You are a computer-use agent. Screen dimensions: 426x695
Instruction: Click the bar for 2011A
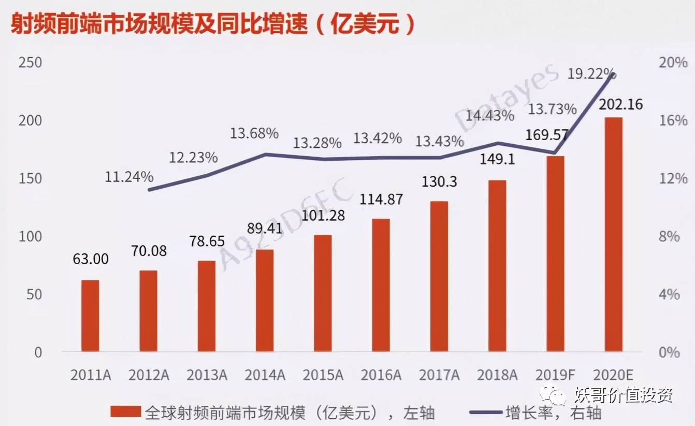pos(90,316)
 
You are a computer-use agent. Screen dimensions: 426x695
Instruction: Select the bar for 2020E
pos(614,235)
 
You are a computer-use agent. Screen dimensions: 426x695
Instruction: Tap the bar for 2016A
pos(381,285)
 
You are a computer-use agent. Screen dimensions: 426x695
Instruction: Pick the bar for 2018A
pos(497,266)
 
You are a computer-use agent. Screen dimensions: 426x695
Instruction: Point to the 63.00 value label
pos(91,258)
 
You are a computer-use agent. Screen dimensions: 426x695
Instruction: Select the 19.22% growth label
pos(591,74)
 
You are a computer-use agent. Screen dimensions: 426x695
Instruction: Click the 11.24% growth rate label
pos(129,177)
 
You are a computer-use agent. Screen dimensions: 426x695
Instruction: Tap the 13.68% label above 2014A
pos(254,133)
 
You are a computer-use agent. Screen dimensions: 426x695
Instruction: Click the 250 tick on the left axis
pos(30,63)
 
